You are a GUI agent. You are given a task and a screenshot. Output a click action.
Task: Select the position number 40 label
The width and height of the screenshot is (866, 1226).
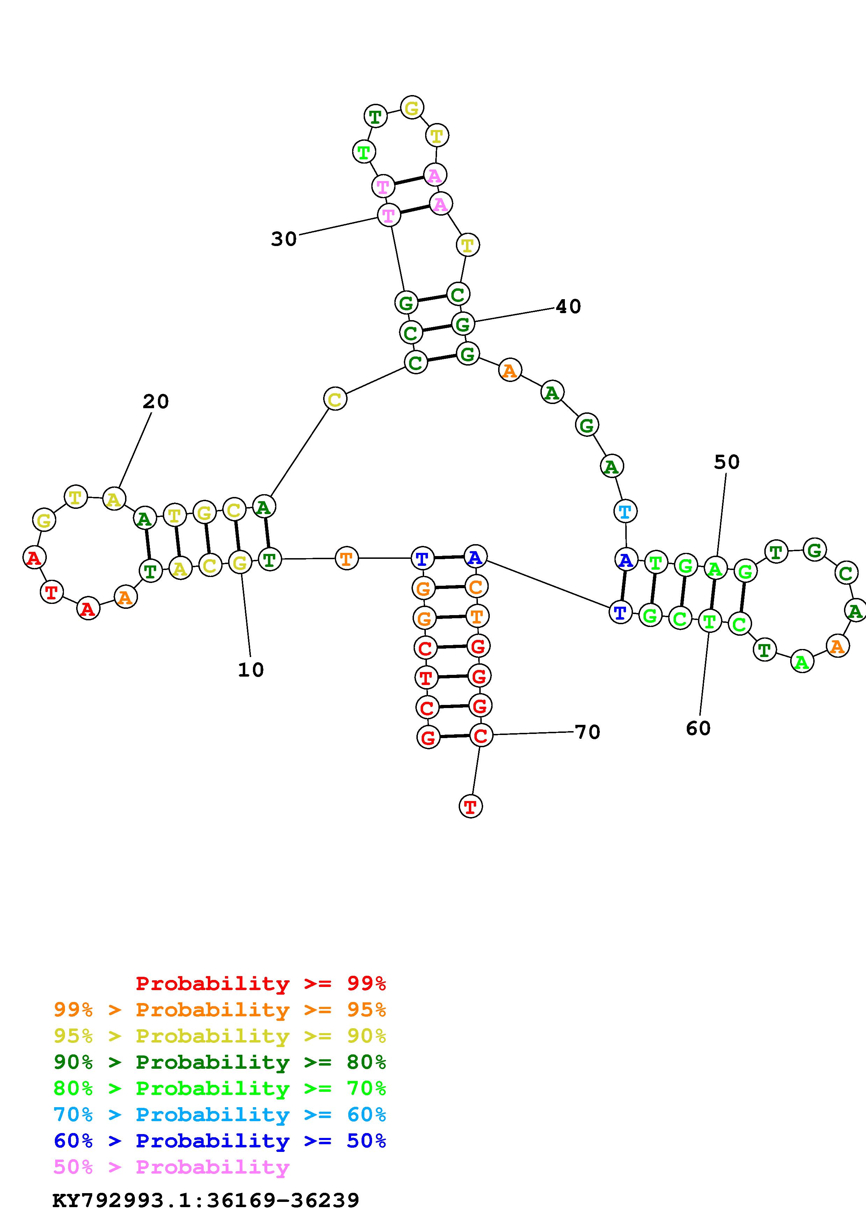[x=568, y=306]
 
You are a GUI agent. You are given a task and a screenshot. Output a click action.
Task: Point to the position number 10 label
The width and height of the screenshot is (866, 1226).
[x=250, y=670]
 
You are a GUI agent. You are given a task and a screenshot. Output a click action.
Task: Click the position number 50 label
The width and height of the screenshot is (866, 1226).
[x=727, y=462]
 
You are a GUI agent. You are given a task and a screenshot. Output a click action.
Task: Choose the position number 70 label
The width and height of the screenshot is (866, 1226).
[x=588, y=732]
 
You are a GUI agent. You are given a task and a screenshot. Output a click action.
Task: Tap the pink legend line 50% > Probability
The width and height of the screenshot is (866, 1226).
[x=171, y=1167]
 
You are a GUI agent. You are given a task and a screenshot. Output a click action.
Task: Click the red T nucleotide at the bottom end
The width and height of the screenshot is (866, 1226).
[x=470, y=806]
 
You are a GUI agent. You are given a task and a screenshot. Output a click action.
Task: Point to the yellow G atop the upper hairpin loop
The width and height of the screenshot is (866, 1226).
[x=412, y=108]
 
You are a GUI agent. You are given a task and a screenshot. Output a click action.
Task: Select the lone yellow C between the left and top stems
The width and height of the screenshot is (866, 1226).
[x=335, y=399]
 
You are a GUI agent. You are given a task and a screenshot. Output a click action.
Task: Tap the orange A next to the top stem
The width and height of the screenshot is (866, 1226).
[x=510, y=370]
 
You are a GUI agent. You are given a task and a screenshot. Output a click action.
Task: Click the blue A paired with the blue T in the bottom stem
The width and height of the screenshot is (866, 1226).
[x=475, y=557]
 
